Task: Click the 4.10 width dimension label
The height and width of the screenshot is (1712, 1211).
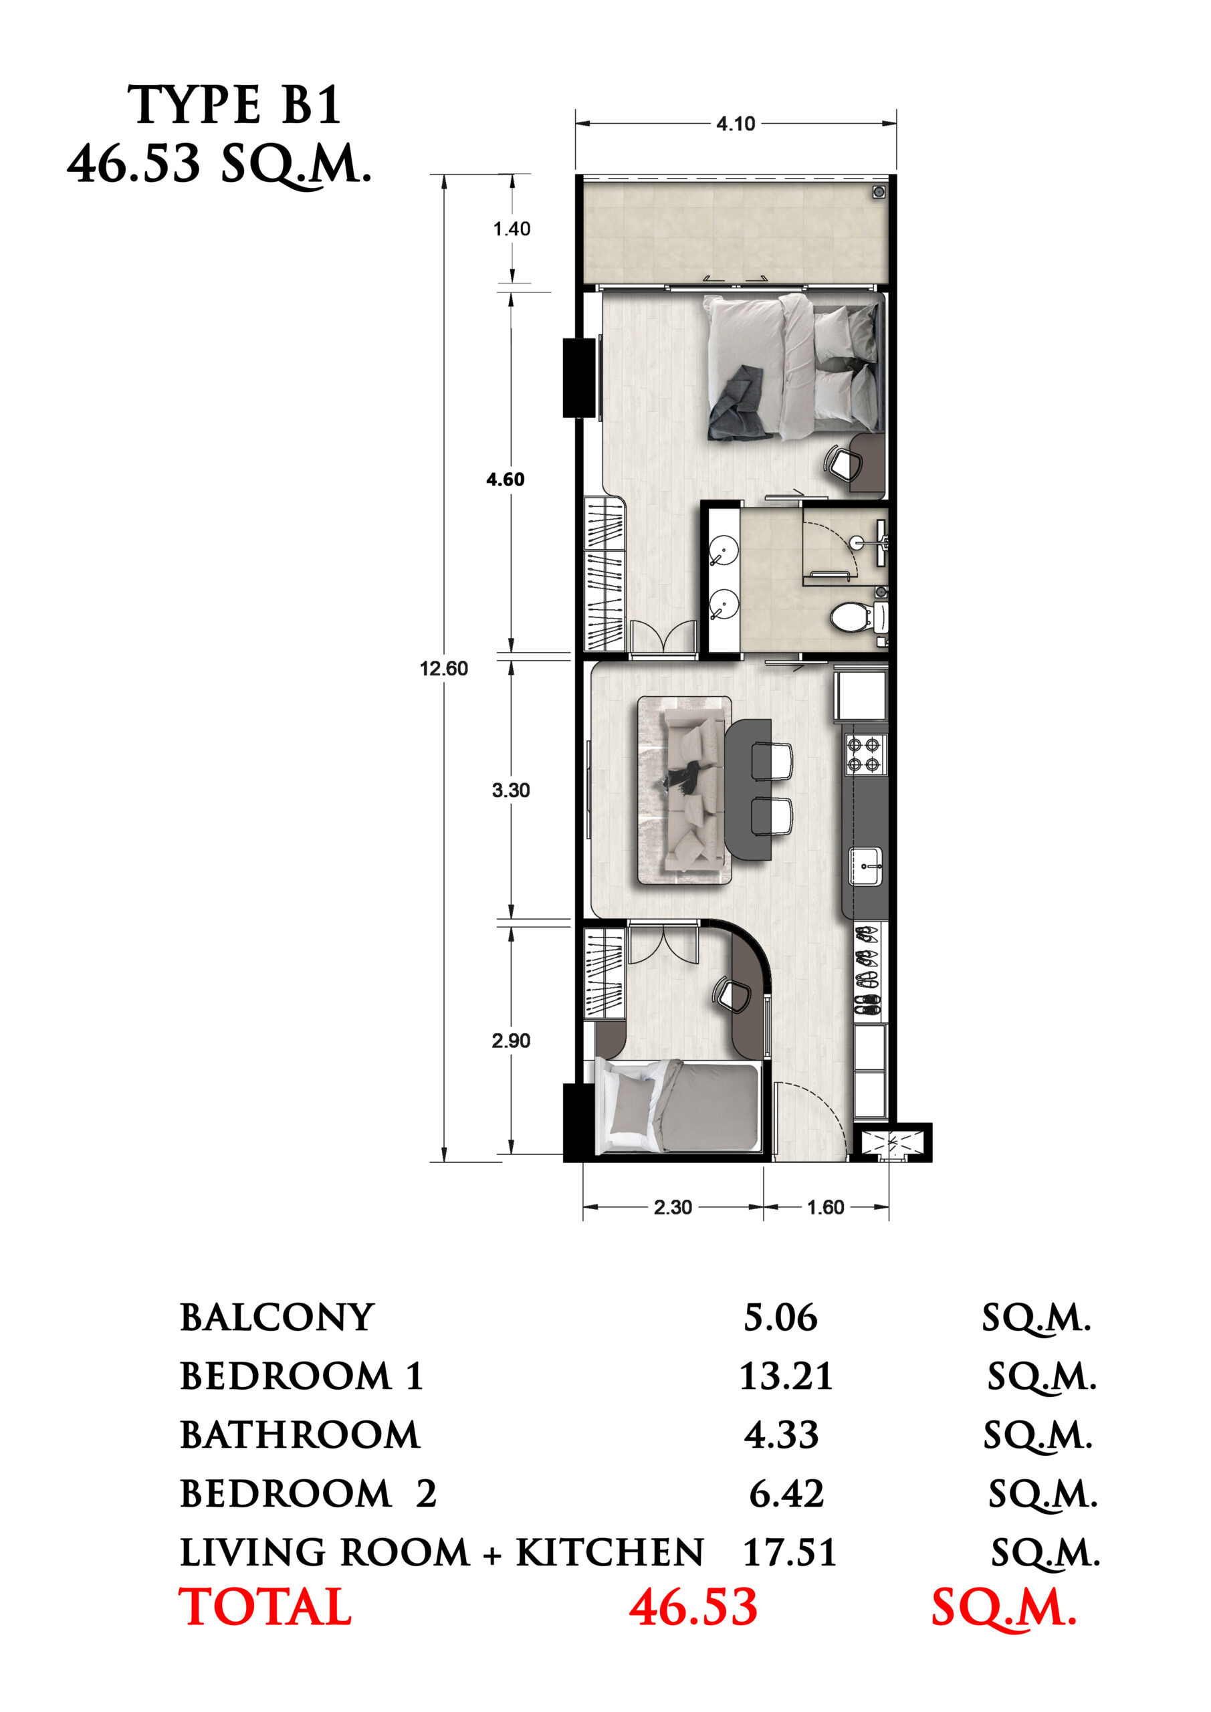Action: click(736, 124)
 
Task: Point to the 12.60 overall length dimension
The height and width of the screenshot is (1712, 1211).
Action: click(444, 668)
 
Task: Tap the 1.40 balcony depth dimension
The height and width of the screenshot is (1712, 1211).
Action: click(512, 229)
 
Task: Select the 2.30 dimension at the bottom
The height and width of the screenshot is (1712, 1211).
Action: click(673, 1207)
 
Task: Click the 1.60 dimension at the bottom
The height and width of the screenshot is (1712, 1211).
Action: click(825, 1207)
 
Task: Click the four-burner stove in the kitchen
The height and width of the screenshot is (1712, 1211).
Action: click(865, 754)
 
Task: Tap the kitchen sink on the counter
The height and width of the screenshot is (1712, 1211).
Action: click(866, 867)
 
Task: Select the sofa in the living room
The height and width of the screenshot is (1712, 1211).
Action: click(694, 789)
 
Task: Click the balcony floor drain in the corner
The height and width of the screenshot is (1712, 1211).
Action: click(879, 193)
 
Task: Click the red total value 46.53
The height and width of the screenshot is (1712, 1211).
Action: click(693, 1608)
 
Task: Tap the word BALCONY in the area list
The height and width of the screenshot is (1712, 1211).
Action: click(277, 1318)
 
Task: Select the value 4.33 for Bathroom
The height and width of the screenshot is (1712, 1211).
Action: click(781, 1435)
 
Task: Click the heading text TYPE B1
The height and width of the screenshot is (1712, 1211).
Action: click(234, 105)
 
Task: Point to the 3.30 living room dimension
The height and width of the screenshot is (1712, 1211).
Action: click(511, 790)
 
